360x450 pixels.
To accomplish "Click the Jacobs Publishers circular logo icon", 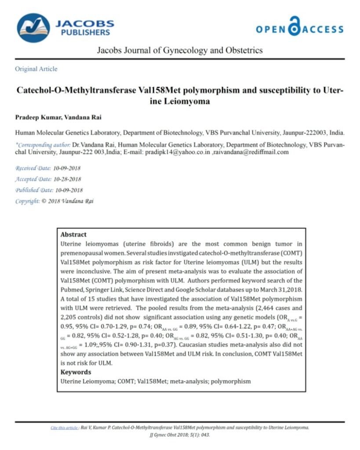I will tap(33, 28).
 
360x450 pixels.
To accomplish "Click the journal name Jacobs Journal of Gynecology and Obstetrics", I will tap(180, 50).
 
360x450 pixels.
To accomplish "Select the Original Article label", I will tap(36, 69).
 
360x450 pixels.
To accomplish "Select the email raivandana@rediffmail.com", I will tap(251, 152).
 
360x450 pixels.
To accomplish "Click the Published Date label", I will tap(33, 190).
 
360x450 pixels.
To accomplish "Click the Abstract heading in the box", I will tap(73, 235).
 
